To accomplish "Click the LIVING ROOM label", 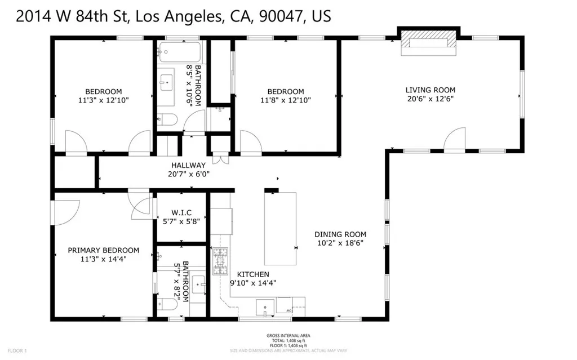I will click(x=430, y=90).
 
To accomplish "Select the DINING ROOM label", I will click(x=340, y=234).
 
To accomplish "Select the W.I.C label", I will click(x=181, y=212).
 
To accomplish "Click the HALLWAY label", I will click(x=188, y=165).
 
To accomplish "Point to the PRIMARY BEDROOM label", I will click(x=103, y=250).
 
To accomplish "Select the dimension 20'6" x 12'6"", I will click(x=430, y=99).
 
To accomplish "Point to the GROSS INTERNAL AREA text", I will click(x=288, y=336).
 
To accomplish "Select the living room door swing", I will click(x=455, y=140).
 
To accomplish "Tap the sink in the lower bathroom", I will click(x=198, y=283).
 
